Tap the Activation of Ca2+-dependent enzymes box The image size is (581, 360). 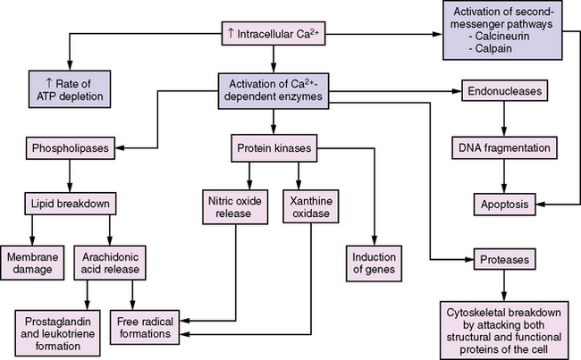(x=274, y=92)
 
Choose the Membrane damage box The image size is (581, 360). (x=35, y=263)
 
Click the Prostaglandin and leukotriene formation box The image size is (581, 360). (x=60, y=324)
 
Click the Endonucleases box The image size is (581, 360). (x=505, y=91)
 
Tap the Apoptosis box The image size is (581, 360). (x=506, y=204)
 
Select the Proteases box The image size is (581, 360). (x=505, y=260)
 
